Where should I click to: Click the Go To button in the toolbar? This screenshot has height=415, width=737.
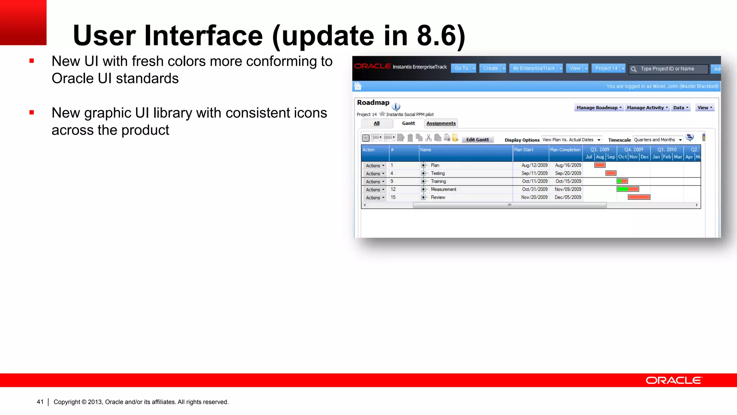(x=461, y=68)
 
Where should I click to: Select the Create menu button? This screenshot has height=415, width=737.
(x=490, y=68)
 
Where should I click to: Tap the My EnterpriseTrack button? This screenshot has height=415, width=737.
(x=534, y=68)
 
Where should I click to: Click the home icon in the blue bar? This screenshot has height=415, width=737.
(x=358, y=86)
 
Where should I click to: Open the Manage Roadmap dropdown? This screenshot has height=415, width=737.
(x=599, y=108)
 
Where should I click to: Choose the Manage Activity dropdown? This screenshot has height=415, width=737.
(x=647, y=108)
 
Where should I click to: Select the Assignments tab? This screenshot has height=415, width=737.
(x=441, y=123)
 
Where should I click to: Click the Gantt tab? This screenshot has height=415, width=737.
(x=408, y=123)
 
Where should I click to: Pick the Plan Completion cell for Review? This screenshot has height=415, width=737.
(x=568, y=197)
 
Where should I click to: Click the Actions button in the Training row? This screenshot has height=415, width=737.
(x=375, y=182)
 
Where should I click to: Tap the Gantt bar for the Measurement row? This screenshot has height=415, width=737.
(x=628, y=189)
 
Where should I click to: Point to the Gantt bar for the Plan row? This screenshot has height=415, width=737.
(x=600, y=165)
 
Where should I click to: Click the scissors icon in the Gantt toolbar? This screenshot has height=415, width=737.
(x=428, y=138)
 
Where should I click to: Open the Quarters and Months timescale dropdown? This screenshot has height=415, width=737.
(x=658, y=140)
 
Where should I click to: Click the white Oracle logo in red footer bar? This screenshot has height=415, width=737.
(x=674, y=380)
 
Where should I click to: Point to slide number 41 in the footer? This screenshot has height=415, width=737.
(x=40, y=402)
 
